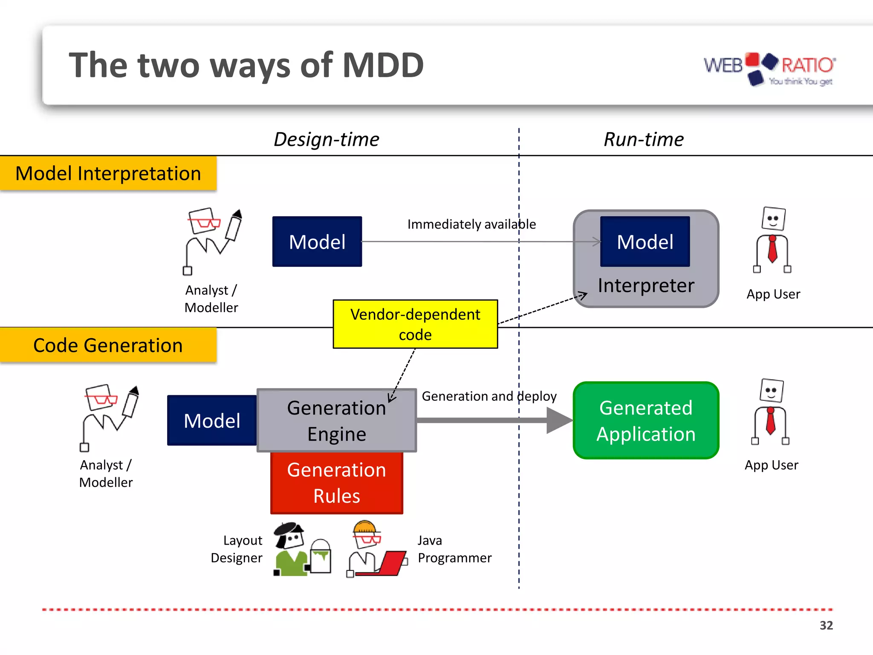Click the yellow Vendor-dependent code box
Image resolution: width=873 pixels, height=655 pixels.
(415, 324)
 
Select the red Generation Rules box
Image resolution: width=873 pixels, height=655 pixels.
(336, 483)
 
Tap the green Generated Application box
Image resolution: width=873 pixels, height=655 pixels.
(646, 420)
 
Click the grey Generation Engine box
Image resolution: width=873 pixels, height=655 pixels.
(336, 420)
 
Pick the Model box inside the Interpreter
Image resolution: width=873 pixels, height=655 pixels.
(645, 241)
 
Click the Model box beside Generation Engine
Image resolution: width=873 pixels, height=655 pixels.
(212, 420)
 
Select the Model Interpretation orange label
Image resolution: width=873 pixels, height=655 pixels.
(108, 173)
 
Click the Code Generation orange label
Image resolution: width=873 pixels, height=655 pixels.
(108, 345)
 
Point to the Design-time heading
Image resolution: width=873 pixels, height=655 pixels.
(326, 139)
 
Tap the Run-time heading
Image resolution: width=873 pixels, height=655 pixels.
(643, 139)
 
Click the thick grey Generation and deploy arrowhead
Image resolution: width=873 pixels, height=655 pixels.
(558, 420)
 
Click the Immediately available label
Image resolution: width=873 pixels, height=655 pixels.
(471, 224)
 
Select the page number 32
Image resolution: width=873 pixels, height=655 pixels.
(826, 625)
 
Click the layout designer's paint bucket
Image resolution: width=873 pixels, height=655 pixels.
(321, 557)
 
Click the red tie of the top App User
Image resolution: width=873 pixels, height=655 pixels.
(772, 249)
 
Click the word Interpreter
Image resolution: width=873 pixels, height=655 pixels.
(646, 285)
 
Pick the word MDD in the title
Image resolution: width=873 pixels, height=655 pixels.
(382, 65)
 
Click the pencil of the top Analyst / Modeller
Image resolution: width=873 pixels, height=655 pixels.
(234, 226)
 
